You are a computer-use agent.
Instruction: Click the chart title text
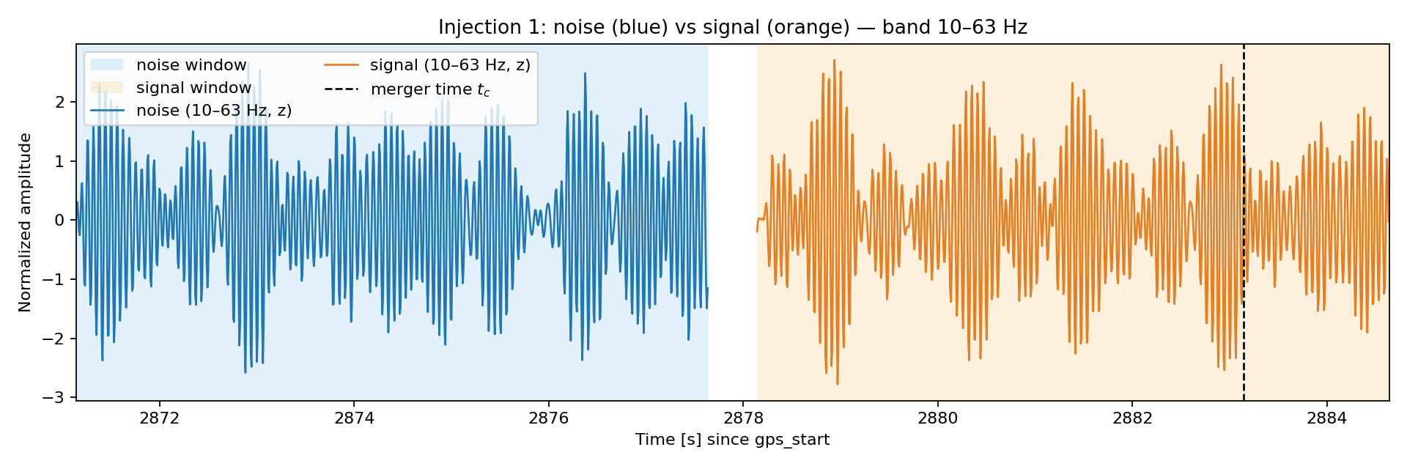coord(732,28)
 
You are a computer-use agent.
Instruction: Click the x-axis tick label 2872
coord(159,419)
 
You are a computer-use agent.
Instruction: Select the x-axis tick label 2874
coord(354,419)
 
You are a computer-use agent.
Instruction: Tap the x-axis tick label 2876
coord(548,419)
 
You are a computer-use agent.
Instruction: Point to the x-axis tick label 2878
coord(743,419)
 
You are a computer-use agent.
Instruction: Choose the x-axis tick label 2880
coord(937,419)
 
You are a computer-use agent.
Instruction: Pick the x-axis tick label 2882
coord(1132,419)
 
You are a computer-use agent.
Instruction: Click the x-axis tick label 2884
coord(1326,419)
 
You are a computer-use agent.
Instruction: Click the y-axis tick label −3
coord(56,398)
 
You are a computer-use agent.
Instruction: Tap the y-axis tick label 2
coord(62,102)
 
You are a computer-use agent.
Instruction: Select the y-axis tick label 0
coord(62,221)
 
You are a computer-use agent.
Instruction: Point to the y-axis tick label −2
coord(56,339)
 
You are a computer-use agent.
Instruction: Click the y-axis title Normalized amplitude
coord(26,223)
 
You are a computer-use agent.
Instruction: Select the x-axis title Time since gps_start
coord(732,440)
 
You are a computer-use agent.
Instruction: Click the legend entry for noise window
coord(169,65)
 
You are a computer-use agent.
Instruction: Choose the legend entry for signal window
coord(171,88)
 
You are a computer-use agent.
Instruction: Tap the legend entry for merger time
coord(407,89)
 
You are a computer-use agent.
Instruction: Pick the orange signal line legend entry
coord(427,65)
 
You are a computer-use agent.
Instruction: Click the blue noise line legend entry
coord(191,111)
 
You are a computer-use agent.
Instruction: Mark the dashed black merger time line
coord(1244,223)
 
